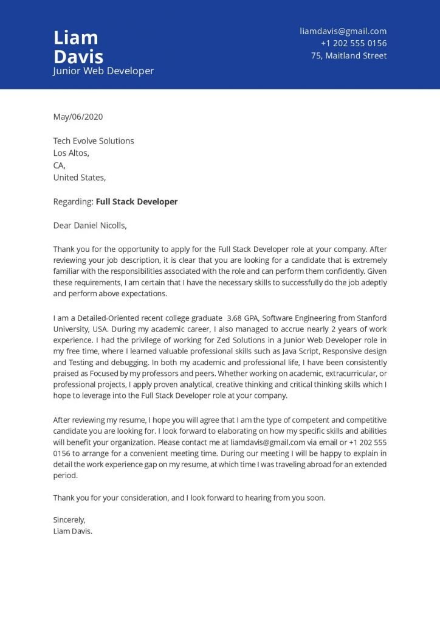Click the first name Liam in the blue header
pos(75,38)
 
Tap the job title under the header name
pos(103,71)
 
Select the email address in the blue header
pos(343,31)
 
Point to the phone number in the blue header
pos(354,43)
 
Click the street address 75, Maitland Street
pos(349,55)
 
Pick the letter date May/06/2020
pos(78,116)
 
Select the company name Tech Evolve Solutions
pos(94,141)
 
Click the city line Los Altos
pos(71,153)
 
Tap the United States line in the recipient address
pos(79,178)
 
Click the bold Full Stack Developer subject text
pos(137,201)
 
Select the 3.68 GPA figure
pos(242,318)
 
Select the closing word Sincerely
pos(69,520)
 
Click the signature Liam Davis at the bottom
pos(72,531)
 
